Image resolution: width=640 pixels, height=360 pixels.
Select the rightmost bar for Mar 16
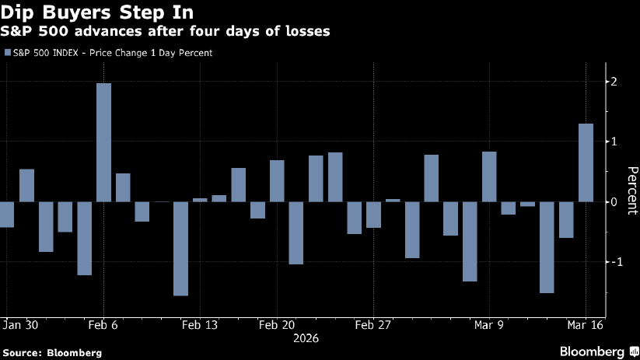point(586,163)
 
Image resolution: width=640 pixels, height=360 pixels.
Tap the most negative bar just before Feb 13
point(180,248)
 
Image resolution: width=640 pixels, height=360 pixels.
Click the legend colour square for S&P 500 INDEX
point(8,53)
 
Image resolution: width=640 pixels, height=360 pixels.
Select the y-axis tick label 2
point(614,82)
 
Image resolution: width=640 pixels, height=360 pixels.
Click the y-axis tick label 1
point(614,142)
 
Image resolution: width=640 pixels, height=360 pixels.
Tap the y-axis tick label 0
point(614,201)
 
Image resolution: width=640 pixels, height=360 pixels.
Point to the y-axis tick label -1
point(613,262)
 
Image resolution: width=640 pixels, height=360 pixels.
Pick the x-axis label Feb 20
point(278,325)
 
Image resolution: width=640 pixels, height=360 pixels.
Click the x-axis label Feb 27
point(373,325)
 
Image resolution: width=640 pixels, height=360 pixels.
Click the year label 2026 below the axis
point(306,339)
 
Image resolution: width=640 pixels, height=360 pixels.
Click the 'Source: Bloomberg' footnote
point(52,352)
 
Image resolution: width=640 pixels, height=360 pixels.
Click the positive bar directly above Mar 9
point(489,177)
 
